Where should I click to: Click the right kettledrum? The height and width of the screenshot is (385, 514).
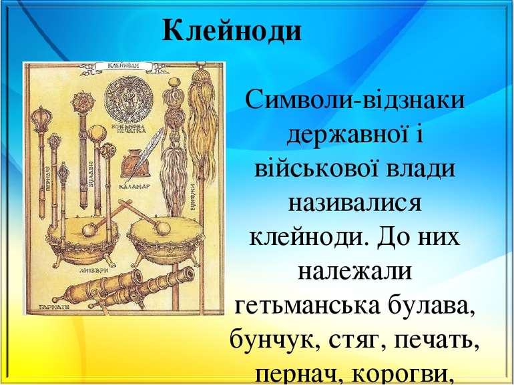pyautogui.click(x=156, y=237)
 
